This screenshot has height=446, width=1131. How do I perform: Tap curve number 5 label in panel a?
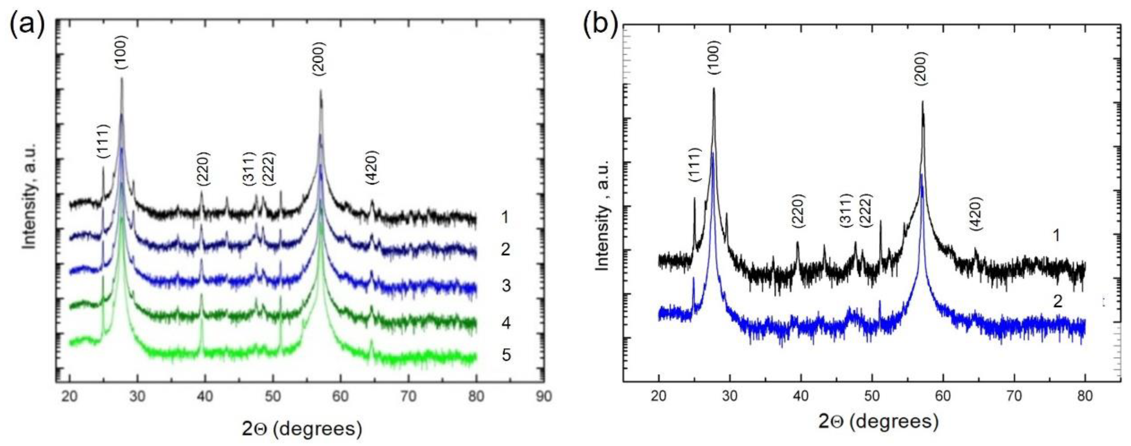[506, 355]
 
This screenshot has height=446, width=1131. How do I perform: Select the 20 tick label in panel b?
[658, 396]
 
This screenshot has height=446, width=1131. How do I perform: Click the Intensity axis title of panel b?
[604, 215]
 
